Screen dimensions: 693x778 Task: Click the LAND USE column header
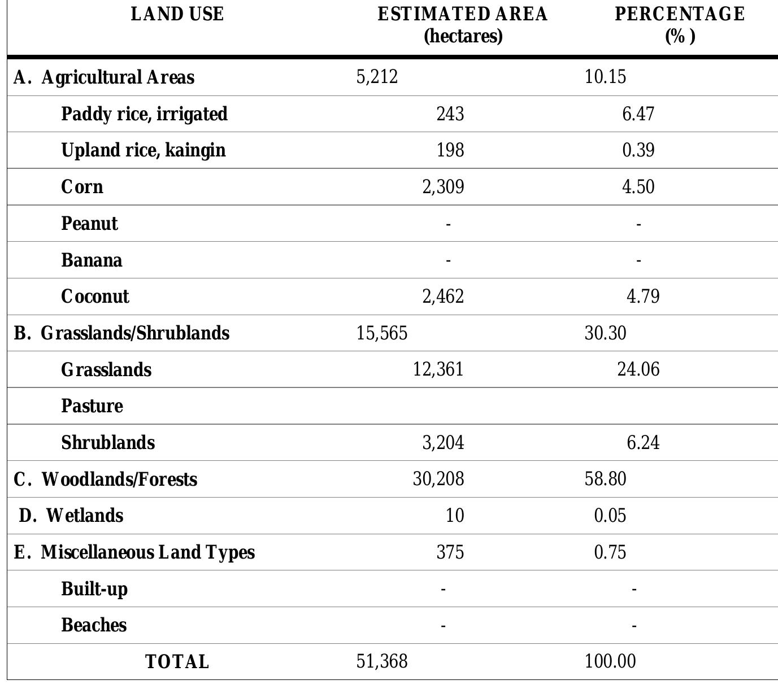(177, 14)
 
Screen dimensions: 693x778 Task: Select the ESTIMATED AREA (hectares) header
(463, 25)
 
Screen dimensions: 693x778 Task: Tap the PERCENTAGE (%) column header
(680, 25)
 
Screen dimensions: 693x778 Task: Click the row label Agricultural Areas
(118, 77)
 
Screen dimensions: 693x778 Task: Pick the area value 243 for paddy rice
(450, 114)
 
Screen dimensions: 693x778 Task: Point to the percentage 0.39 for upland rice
(638, 150)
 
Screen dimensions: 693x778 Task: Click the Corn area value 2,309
(443, 186)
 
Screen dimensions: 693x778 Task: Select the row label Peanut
(89, 224)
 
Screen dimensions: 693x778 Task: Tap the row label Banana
(92, 260)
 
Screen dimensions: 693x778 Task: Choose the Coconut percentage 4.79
(643, 297)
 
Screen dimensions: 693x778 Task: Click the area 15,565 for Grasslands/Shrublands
(381, 333)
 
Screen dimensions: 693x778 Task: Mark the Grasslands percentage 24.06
(638, 369)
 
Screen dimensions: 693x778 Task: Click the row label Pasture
(92, 406)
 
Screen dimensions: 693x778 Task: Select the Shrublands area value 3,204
(443, 442)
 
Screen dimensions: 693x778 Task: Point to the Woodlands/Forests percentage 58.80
(605, 479)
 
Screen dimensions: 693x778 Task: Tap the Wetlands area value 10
(455, 516)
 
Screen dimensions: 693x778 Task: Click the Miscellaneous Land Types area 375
(450, 552)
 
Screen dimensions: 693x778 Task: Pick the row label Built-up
(94, 589)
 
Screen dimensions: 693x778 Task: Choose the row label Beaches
(94, 625)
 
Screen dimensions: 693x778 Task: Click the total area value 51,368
(381, 661)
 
